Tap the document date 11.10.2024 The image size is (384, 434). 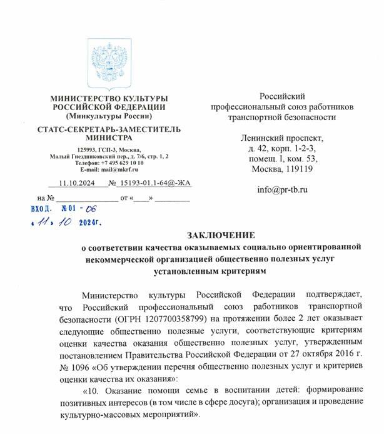74,184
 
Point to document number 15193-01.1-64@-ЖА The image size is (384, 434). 146,184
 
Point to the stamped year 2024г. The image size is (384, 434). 88,222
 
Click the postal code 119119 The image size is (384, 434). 301,168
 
